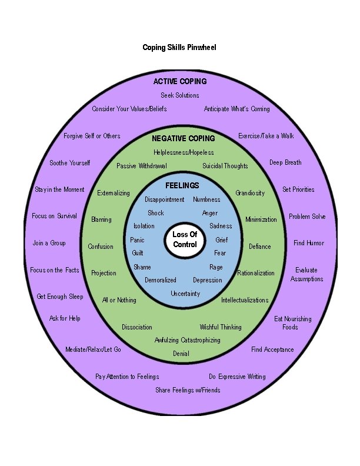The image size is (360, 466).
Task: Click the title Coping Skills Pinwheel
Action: coord(179,47)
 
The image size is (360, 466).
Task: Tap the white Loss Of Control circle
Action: coord(185,239)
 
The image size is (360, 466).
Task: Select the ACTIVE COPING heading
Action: coord(180,81)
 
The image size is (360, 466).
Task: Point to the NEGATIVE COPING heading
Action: coord(184,139)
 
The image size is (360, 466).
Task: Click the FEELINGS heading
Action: coord(182,185)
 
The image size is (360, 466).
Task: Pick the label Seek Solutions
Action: coord(180,95)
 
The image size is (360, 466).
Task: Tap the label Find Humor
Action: coord(309,243)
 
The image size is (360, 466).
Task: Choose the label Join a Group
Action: coord(49,243)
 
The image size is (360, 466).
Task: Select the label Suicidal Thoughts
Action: coord(225,166)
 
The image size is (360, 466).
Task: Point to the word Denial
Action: coord(181,354)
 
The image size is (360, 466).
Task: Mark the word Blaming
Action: coord(101,219)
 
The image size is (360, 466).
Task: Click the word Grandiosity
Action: coord(250,193)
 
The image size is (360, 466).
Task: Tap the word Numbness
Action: coord(206,199)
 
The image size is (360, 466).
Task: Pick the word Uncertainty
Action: coord(185,294)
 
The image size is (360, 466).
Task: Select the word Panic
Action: coord(137,240)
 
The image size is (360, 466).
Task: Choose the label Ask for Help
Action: coord(65,318)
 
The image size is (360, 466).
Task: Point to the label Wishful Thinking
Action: coord(221,327)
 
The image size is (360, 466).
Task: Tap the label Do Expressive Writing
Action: coord(237,377)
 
